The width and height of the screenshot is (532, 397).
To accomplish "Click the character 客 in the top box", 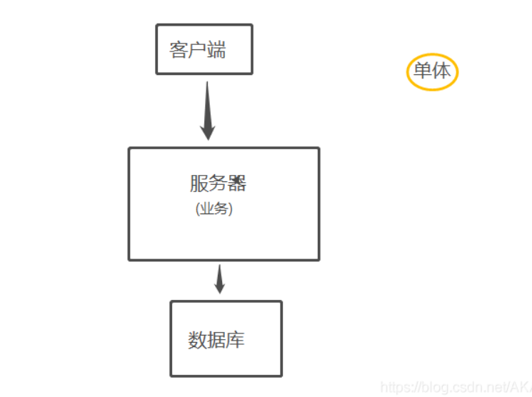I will (179, 50).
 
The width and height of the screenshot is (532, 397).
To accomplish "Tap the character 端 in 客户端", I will (216, 50).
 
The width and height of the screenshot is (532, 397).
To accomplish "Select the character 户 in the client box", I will (197, 50).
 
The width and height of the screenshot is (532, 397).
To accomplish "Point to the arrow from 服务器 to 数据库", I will (219, 278).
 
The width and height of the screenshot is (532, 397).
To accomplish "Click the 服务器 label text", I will (218, 184).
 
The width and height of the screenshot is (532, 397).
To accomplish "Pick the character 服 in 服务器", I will (199, 184).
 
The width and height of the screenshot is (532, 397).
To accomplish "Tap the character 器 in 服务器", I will (237, 184).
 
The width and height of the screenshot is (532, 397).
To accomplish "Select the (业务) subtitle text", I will (214, 209).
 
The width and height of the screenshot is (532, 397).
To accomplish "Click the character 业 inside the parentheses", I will (207, 209).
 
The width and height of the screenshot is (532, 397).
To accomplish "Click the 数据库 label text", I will (216, 340).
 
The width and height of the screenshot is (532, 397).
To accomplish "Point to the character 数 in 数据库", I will (197, 340).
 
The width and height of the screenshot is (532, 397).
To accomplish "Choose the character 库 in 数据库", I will (236, 340).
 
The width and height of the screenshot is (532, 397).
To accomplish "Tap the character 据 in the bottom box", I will (216, 340).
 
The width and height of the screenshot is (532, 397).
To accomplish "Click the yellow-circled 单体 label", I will (432, 72).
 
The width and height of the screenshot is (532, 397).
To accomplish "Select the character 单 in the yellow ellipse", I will (423, 72).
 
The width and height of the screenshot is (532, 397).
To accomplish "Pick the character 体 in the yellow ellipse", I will (441, 72).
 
